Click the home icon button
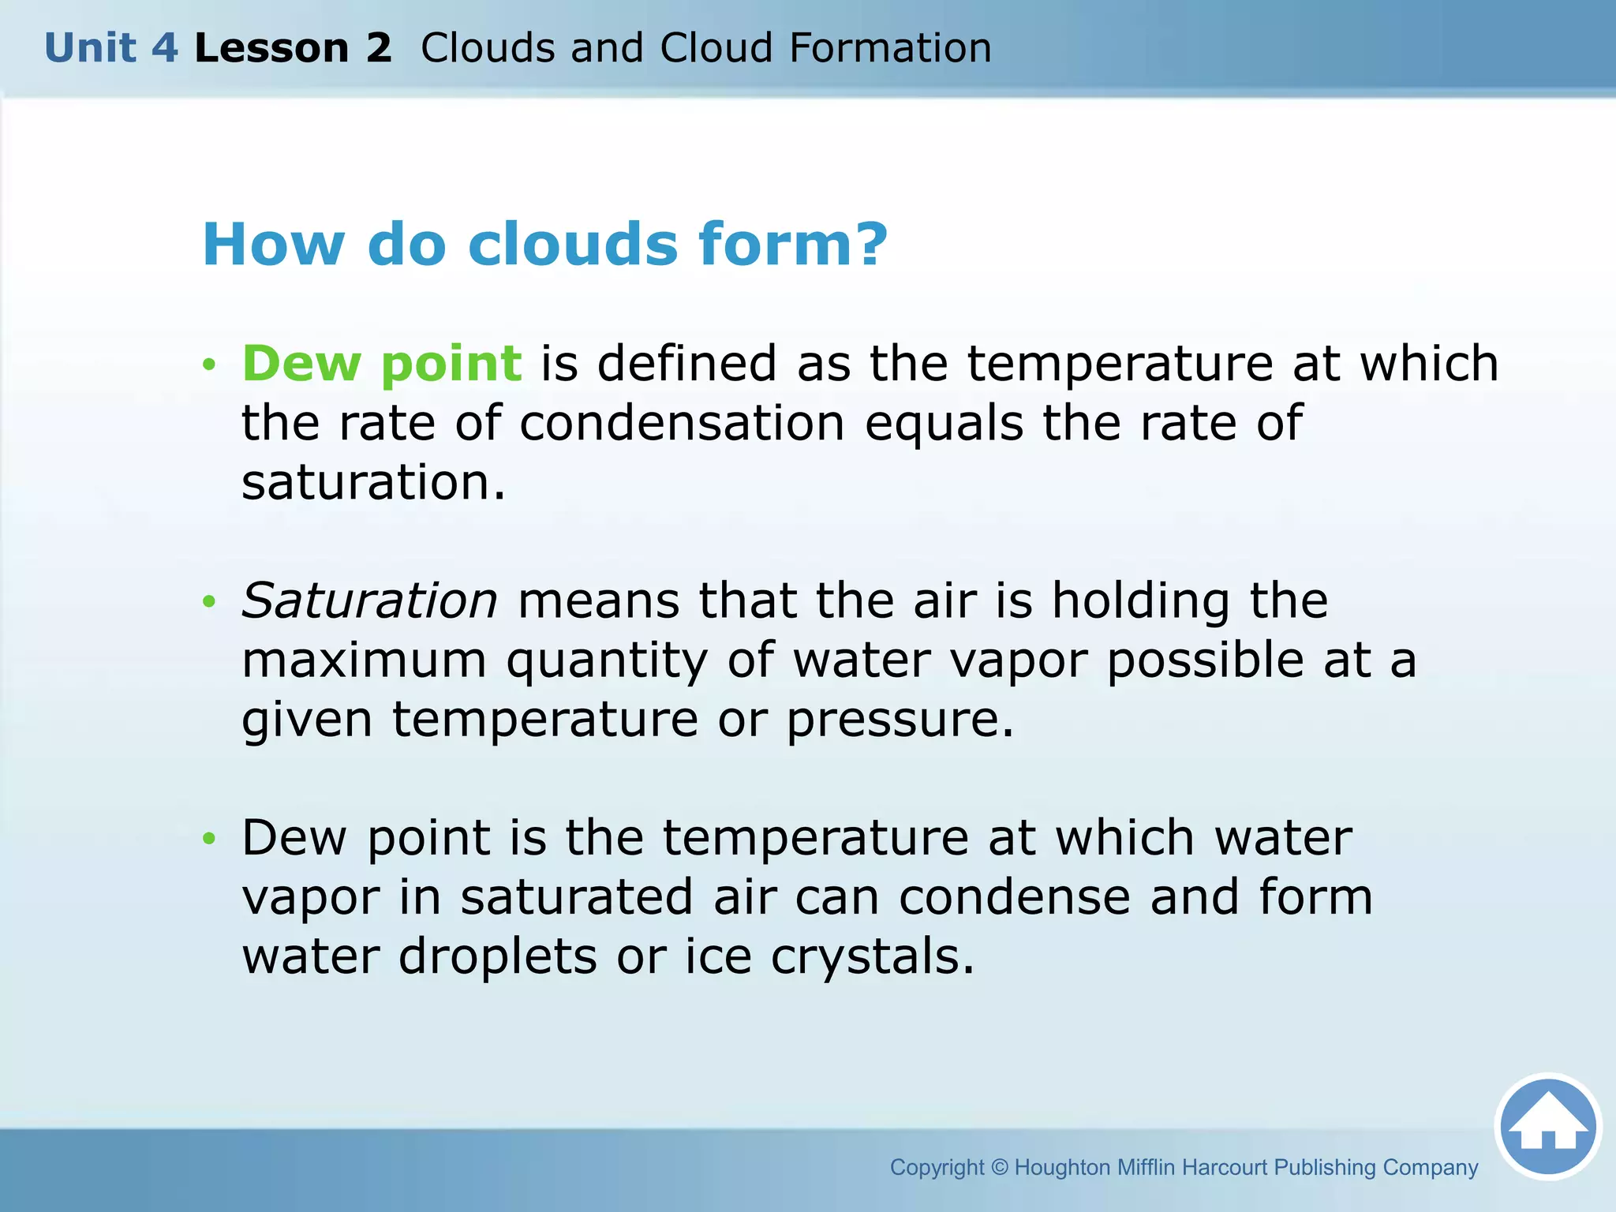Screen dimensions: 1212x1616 pyautogui.click(x=1547, y=1127)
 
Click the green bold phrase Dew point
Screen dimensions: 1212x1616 pyautogui.click(x=381, y=364)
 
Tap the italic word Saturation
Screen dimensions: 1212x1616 pyautogui.click(x=369, y=600)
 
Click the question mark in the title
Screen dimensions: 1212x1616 pyautogui.click(x=870, y=244)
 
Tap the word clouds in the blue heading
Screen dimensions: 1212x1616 pyautogui.click(x=572, y=244)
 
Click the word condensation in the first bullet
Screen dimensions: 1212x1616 pyautogui.click(x=682, y=423)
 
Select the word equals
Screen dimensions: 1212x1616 pyautogui.click(x=944, y=423)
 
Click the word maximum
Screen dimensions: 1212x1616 pyautogui.click(x=364, y=660)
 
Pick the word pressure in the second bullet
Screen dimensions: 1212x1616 pyautogui.click(x=899, y=720)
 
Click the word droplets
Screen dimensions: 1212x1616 pyautogui.click(x=497, y=956)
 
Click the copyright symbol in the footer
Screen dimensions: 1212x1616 pyautogui.click(x=1000, y=1167)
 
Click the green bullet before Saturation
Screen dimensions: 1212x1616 pyautogui.click(x=208, y=602)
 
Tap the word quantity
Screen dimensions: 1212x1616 pyautogui.click(x=607, y=661)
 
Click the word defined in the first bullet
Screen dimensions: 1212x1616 pyautogui.click(x=686, y=364)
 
